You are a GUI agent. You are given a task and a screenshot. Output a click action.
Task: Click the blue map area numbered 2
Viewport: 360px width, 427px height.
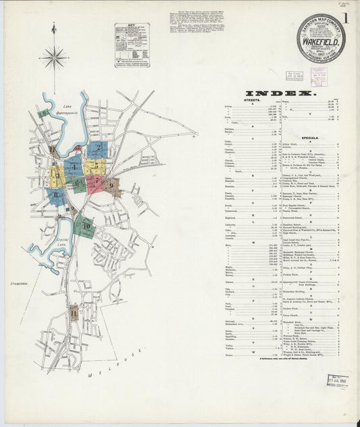[x=97, y=149]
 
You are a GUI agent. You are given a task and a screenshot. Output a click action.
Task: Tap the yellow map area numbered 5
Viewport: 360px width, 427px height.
[x=95, y=165]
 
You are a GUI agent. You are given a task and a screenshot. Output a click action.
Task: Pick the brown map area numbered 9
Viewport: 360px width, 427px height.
[x=112, y=184]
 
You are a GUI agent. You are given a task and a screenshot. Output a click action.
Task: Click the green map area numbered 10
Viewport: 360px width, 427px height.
[x=85, y=226]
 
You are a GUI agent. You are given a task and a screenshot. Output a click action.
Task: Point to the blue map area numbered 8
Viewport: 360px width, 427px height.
[x=57, y=197]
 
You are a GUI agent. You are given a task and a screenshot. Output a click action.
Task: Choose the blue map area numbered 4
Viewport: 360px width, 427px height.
[x=73, y=168]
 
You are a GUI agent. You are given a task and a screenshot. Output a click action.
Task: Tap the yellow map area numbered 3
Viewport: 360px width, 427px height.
[x=57, y=176]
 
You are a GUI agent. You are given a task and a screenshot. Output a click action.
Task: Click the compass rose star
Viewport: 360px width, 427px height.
[x=53, y=57]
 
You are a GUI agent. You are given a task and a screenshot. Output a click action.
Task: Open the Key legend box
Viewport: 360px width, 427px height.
[x=131, y=45]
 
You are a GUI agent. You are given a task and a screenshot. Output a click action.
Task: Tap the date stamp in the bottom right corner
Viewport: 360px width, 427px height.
[x=337, y=380]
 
